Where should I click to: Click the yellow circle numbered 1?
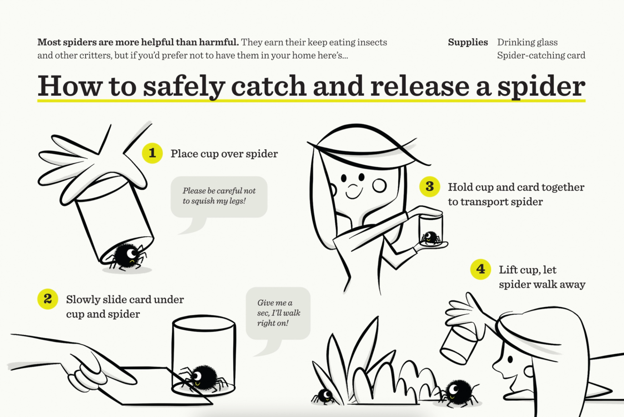pos(152,153)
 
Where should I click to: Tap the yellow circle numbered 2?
pos(48,299)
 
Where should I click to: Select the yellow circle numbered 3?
pos(429,187)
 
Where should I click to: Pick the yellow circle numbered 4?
pos(480,269)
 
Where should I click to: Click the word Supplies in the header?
pos(468,42)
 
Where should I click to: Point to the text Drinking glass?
pos(527,42)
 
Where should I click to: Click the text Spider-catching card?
pos(541,55)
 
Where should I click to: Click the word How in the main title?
pos(69,86)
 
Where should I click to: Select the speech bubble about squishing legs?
pos(219,197)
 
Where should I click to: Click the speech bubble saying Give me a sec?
pos(278,313)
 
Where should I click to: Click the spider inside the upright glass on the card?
pos(204,378)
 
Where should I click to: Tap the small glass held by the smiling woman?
pos(431,229)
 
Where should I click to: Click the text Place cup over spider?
pos(224,154)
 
